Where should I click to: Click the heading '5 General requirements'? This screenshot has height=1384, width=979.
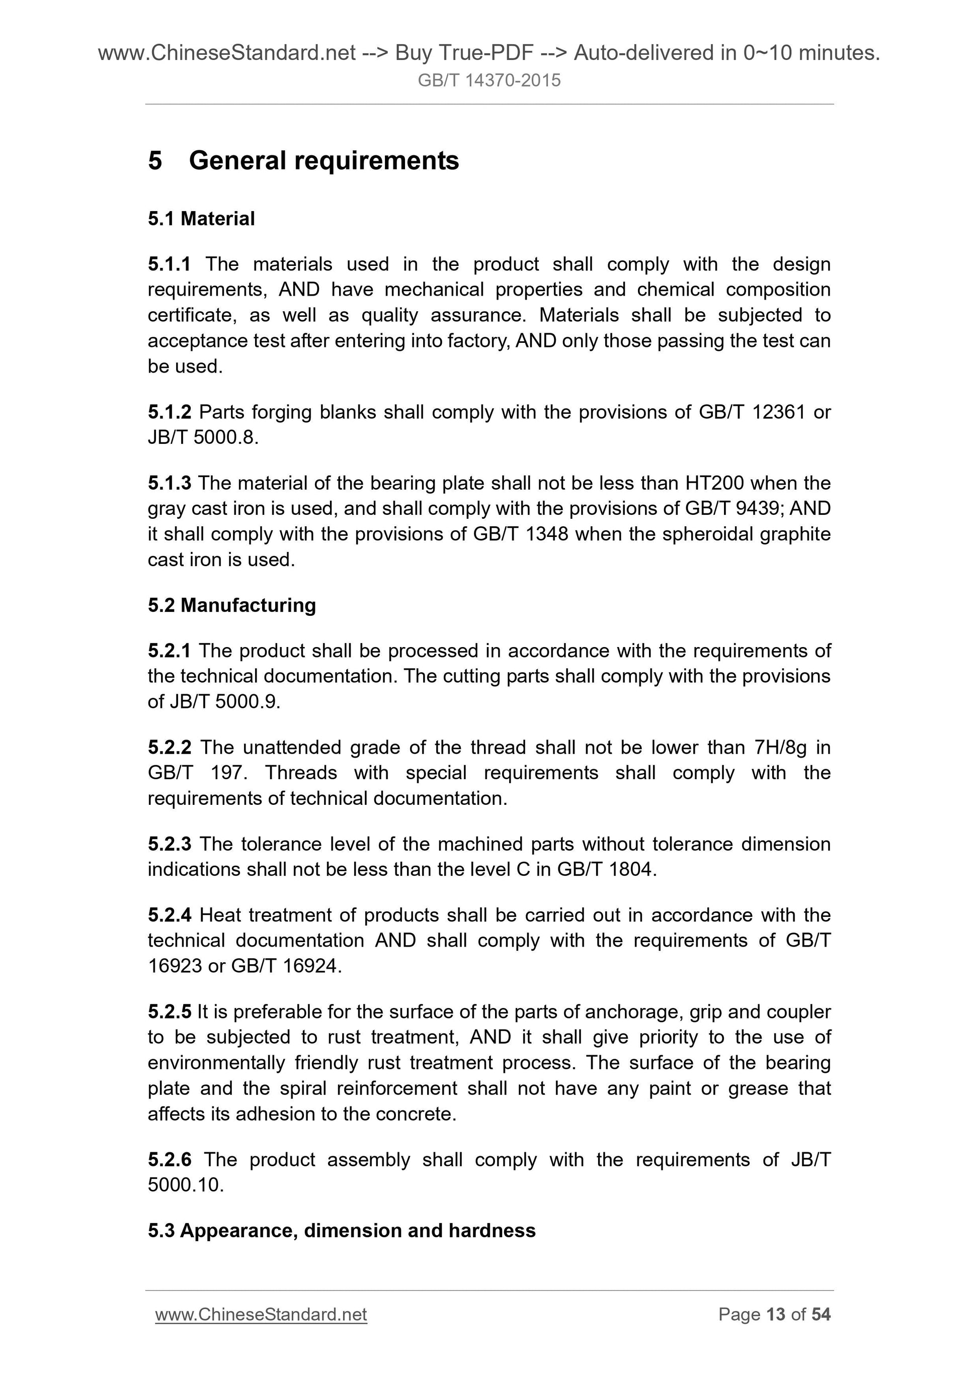pos(303,161)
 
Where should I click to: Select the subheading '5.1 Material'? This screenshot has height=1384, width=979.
pos(201,219)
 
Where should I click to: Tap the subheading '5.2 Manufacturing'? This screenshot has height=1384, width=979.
pos(231,605)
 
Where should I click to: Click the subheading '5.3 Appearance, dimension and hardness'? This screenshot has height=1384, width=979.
pos(342,1230)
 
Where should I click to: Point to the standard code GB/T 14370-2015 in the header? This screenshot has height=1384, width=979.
pos(489,80)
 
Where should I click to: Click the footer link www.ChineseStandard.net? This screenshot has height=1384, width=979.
pos(261,1315)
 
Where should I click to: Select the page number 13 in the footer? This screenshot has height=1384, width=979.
pos(775,1315)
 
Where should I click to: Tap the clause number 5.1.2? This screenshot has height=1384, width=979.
pos(169,412)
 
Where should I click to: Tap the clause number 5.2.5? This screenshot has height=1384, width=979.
pos(169,1012)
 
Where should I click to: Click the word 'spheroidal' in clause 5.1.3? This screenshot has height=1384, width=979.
pos(707,534)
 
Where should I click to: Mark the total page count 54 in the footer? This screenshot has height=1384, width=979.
pos(821,1315)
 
